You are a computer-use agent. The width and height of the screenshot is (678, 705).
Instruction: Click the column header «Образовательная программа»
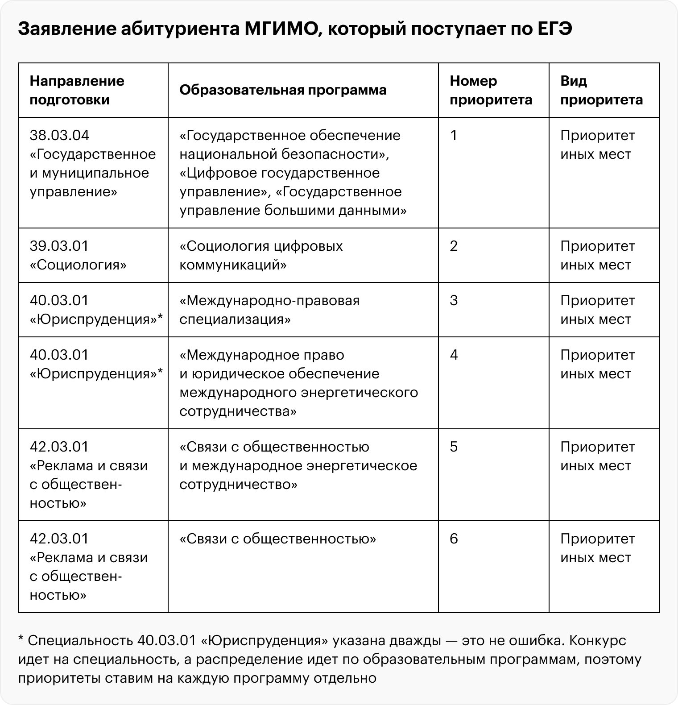283,90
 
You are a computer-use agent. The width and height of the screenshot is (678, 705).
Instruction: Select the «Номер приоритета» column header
491,90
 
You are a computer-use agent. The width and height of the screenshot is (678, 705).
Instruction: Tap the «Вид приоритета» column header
601,90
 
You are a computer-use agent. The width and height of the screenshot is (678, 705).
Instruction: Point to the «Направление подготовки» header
77,90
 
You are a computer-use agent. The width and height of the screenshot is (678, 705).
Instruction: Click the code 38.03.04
59,136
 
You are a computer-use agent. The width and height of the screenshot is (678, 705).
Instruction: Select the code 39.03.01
59,246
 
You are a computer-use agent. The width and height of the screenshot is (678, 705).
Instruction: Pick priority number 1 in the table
454,136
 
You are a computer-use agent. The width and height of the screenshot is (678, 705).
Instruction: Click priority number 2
454,246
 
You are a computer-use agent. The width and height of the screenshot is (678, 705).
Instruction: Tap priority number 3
454,301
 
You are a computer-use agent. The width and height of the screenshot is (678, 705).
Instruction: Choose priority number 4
454,355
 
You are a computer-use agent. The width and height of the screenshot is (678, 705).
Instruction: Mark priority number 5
454,447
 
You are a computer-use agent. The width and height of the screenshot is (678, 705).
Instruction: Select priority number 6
454,539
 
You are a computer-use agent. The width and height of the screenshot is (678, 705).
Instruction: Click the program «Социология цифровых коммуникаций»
261,255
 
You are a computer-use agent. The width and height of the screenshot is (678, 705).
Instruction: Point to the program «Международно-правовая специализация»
269,310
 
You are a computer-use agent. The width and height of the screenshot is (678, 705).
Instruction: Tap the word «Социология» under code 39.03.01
79,265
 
